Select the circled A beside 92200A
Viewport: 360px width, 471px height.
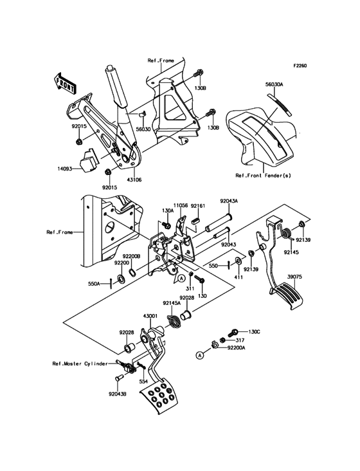click(201, 354)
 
